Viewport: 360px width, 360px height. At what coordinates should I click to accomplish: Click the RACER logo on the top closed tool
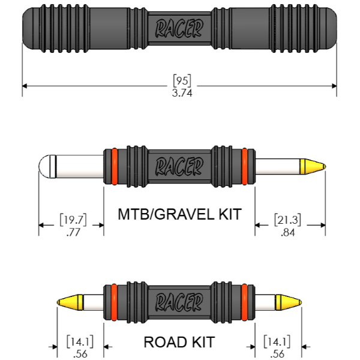click(x=179, y=28)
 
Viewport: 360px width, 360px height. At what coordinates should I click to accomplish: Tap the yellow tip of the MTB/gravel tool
click(x=313, y=165)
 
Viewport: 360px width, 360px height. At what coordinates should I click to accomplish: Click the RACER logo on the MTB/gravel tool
click(x=179, y=166)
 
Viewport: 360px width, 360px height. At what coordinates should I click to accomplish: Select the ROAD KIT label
click(x=179, y=343)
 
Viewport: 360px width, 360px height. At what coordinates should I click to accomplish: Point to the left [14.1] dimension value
click(x=78, y=341)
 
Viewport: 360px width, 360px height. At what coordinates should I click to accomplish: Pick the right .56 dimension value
click(x=277, y=354)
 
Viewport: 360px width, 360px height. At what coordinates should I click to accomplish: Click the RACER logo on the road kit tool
click(x=179, y=301)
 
